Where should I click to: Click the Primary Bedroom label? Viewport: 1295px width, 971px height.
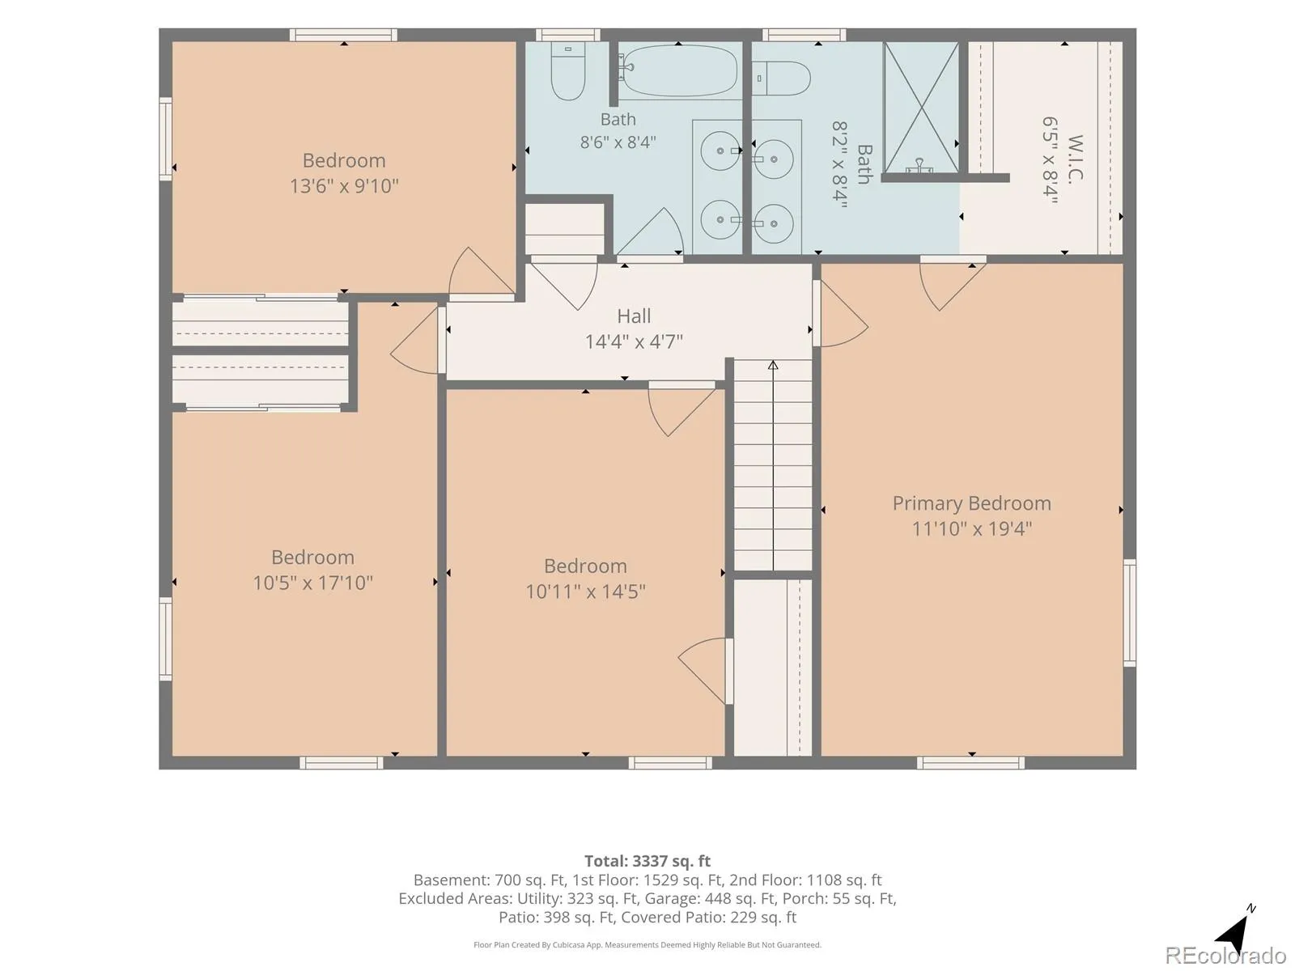click(971, 502)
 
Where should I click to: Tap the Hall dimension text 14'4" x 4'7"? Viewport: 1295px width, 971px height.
click(634, 341)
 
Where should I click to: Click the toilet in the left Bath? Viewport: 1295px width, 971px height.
click(567, 70)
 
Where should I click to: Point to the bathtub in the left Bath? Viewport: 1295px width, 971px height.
click(678, 70)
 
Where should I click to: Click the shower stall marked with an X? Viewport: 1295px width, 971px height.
click(921, 108)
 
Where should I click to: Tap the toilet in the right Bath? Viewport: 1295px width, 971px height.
click(781, 78)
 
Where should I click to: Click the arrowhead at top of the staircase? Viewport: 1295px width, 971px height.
click(773, 365)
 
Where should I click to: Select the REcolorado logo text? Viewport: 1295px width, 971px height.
click(1225, 955)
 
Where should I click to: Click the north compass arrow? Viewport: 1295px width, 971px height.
click(1235, 931)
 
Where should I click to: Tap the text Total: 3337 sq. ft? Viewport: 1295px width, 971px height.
click(647, 861)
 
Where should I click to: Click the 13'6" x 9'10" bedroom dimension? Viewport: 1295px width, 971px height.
click(344, 186)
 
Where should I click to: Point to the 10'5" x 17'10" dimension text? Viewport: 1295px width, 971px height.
click(312, 583)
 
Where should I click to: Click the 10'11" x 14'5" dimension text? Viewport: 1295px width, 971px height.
click(585, 591)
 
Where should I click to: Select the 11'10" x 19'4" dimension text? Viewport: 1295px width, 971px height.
click(972, 528)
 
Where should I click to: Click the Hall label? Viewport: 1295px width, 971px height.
click(634, 316)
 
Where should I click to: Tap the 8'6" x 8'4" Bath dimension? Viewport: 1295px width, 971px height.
click(618, 142)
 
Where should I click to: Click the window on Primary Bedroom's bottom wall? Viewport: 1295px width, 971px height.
click(970, 763)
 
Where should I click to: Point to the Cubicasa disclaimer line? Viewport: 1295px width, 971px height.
click(647, 944)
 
